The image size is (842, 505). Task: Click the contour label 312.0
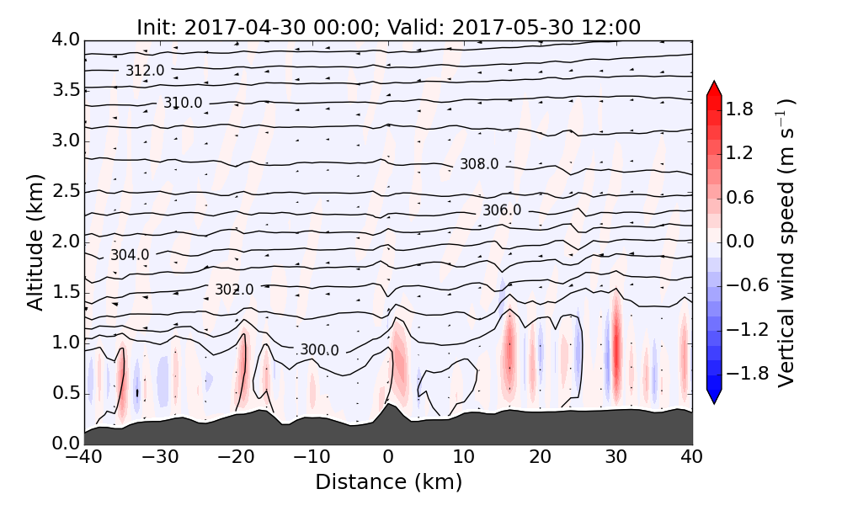pos(145,71)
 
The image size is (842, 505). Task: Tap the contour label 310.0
pos(183,103)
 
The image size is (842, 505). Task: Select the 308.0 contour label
pos(479,164)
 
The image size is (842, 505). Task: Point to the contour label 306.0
pos(502,210)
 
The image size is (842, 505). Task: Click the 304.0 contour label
pos(130,254)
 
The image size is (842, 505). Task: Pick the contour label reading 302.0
pos(234,290)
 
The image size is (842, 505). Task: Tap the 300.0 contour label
pos(319,350)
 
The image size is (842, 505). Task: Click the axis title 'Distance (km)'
pos(388,482)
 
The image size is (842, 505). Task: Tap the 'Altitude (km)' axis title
pos(35,242)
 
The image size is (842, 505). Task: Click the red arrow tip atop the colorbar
pos(714,86)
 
